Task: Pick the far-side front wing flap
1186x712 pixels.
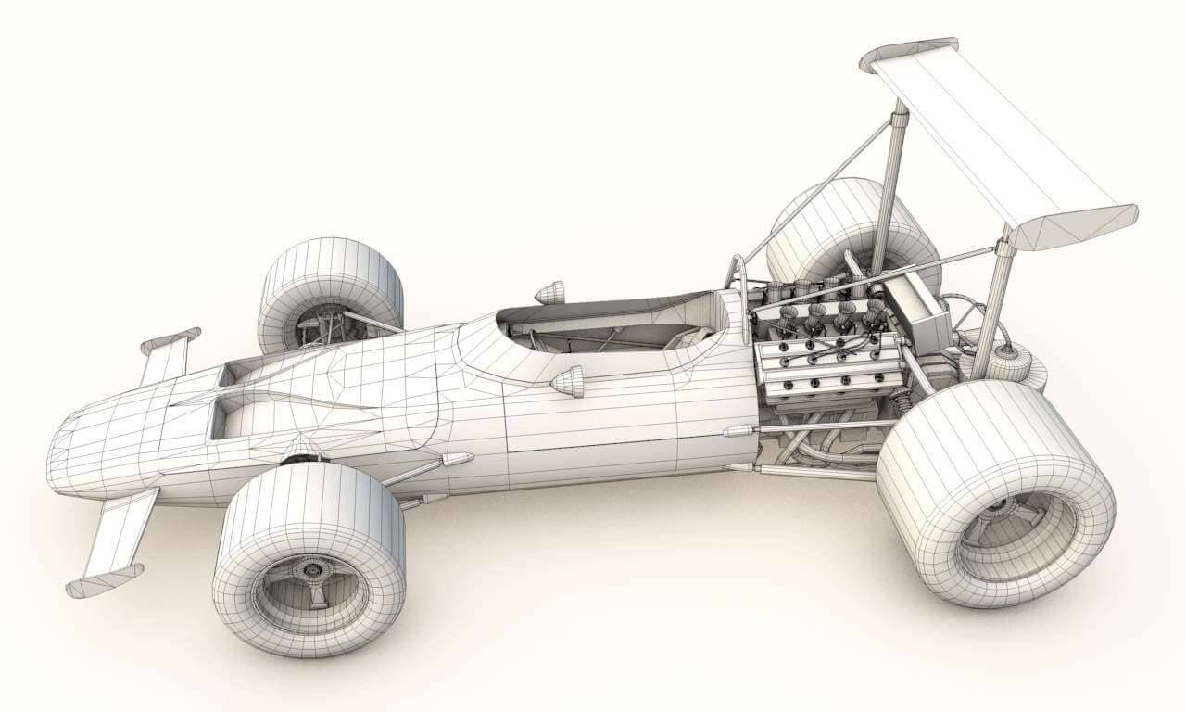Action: coord(167,357)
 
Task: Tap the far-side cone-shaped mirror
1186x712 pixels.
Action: coord(550,292)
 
